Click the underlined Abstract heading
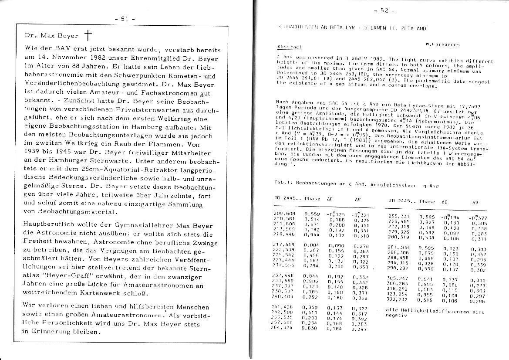(289, 47)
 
